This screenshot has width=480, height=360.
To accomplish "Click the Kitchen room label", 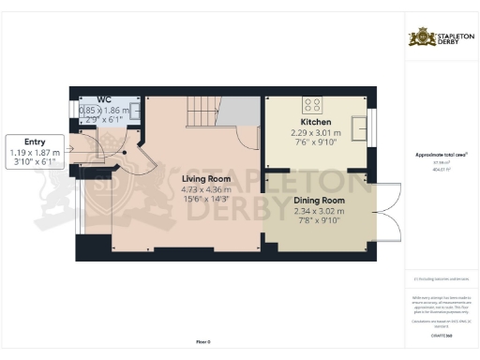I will coord(315,123).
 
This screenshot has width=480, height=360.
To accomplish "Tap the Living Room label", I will coord(206,178).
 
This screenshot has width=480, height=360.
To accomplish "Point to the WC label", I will coord(105,98).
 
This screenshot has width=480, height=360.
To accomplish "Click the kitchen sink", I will coord(359,126).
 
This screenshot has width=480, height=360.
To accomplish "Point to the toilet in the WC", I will coord(136,111).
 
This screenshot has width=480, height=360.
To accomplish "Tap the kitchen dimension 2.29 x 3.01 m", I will coord(315,133).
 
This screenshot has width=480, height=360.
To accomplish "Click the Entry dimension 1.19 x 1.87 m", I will coord(35,152).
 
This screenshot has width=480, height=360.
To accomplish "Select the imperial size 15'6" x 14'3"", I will coord(206,199).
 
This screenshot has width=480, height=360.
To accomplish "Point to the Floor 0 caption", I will coord(203,341).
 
